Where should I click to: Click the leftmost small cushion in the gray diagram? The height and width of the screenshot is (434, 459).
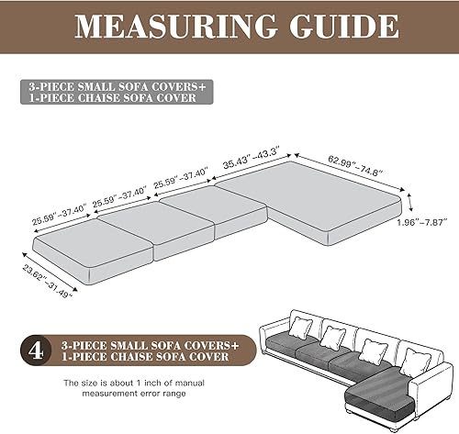point(80,246)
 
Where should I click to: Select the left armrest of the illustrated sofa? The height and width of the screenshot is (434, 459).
point(267,340)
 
